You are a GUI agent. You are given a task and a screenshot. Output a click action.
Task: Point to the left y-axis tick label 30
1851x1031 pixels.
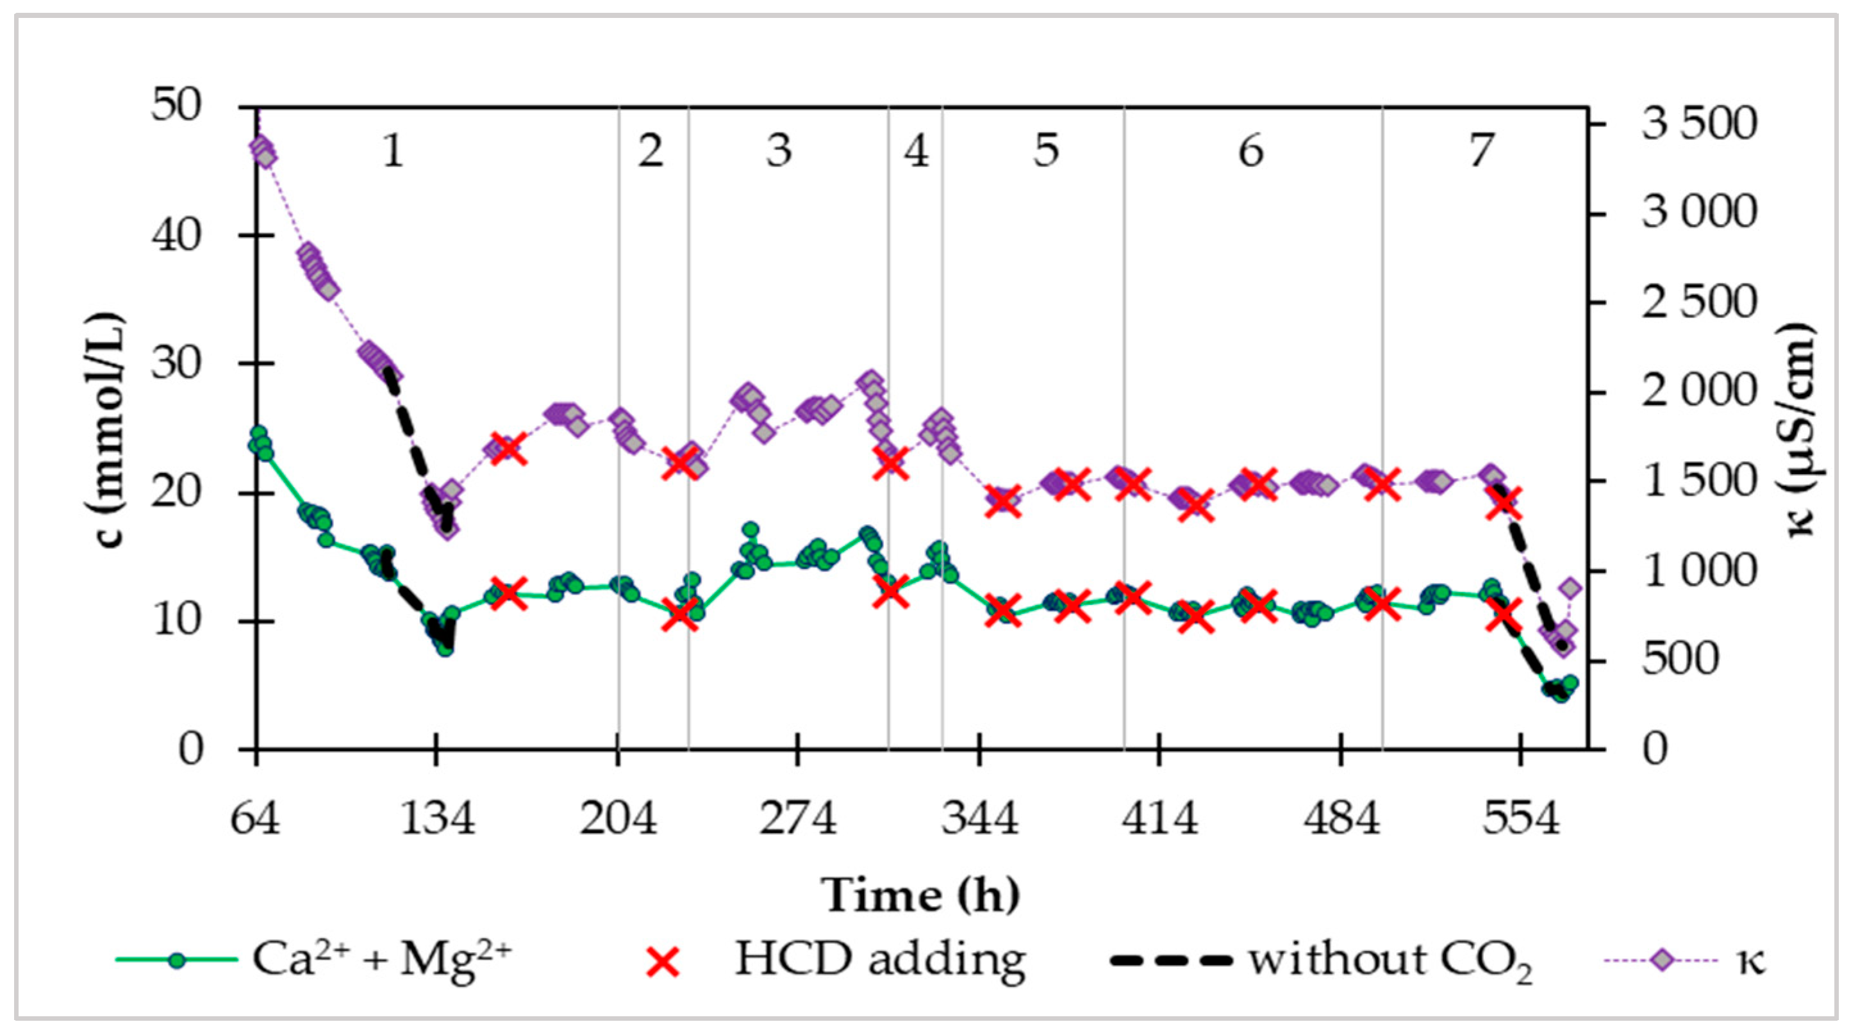[177, 363]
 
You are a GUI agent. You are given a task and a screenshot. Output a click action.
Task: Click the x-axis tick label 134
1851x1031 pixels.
[436, 818]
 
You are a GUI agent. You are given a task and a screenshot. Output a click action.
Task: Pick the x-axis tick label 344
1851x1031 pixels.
[980, 818]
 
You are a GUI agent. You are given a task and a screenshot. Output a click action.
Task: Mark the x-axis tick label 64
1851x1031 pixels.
[255, 818]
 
